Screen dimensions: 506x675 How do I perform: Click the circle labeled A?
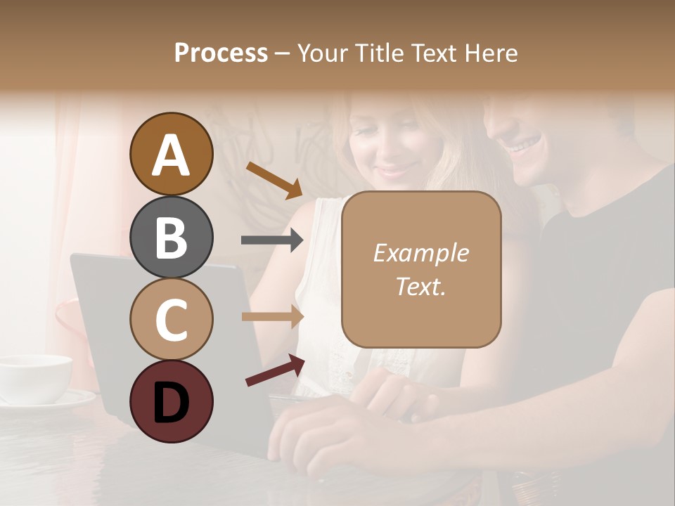[x=171, y=154]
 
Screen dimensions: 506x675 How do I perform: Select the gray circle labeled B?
[x=171, y=237]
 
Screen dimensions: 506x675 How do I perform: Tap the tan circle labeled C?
[x=171, y=319]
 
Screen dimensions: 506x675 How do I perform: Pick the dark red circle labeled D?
[x=171, y=401]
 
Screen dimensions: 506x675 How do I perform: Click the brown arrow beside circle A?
[x=274, y=179]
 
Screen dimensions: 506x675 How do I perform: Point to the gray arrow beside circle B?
[x=272, y=240]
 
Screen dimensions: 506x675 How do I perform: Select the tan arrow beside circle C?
[x=272, y=317]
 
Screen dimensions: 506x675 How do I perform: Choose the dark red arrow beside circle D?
[x=275, y=370]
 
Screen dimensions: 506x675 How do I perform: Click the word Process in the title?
[x=221, y=53]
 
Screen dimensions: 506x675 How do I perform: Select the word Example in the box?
[x=420, y=253]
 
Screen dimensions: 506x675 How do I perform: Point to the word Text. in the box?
[x=420, y=286]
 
